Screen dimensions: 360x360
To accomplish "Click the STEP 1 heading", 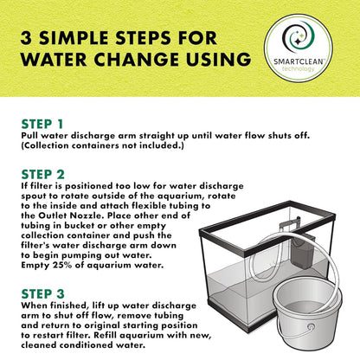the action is [42, 125].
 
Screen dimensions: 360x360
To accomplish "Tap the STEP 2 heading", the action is [42, 175].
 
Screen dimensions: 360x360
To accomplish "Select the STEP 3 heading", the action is [42, 294].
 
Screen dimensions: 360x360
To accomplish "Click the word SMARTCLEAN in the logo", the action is [299, 61].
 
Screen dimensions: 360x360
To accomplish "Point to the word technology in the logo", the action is [299, 69].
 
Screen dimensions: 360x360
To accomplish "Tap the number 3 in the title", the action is [26, 38].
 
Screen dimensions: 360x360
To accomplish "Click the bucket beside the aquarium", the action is [307, 315].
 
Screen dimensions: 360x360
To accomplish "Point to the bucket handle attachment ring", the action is [311, 326].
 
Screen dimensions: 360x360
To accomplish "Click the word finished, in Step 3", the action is [68, 305].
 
